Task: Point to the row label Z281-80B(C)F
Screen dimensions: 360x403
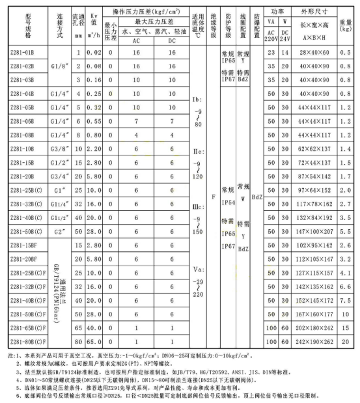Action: (23, 339)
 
